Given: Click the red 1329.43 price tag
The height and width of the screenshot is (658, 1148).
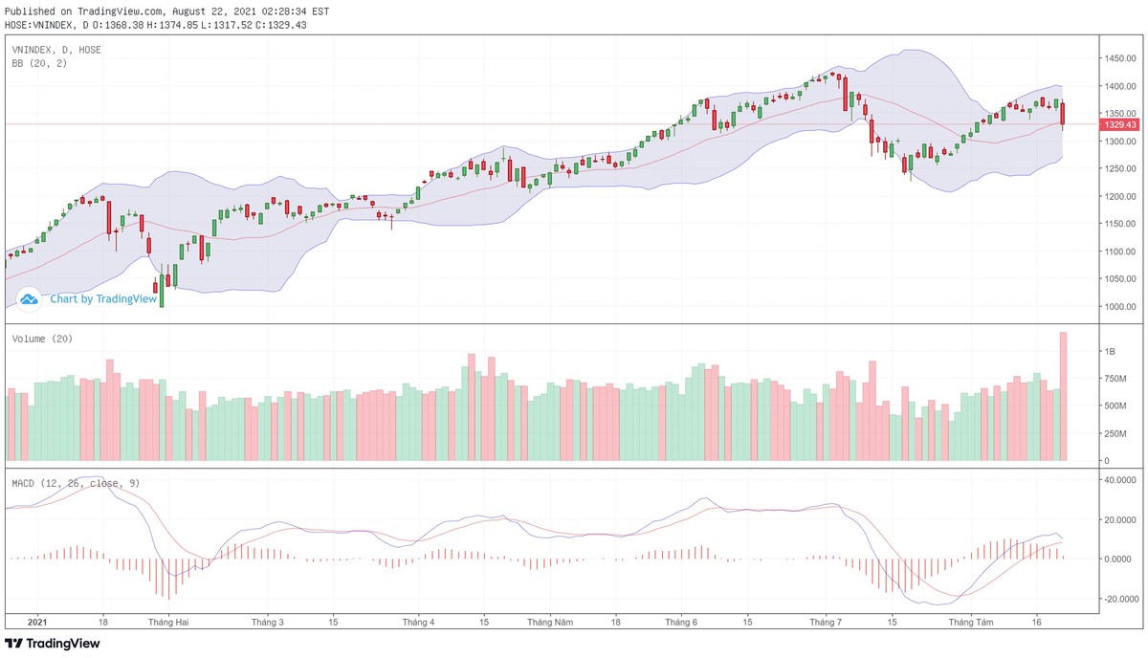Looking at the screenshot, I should pos(1119,124).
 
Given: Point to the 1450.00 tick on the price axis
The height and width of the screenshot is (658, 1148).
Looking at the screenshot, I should pos(1119,59).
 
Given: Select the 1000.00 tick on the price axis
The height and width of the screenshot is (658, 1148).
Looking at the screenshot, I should pos(1119,307).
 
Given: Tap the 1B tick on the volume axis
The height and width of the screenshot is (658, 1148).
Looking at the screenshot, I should pos(1109,352).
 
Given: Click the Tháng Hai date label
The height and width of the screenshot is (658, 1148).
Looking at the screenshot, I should pos(168,622).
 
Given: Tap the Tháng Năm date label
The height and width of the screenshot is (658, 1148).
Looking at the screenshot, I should pos(550,622).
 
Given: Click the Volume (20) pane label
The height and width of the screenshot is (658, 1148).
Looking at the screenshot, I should pos(42,339).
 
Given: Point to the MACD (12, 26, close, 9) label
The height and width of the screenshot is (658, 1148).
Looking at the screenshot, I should pos(76,483).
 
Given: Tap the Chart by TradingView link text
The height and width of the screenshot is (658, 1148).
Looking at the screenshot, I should pos(103,298).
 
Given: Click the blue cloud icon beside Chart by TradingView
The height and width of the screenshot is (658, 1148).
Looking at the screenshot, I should pos(30,298).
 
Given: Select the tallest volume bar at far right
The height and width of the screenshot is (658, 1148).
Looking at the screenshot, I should pos(1063,397).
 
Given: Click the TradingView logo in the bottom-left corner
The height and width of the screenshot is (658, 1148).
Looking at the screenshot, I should pos(53,644).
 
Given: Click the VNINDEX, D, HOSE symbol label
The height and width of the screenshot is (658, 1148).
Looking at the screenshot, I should pos(56,49).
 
